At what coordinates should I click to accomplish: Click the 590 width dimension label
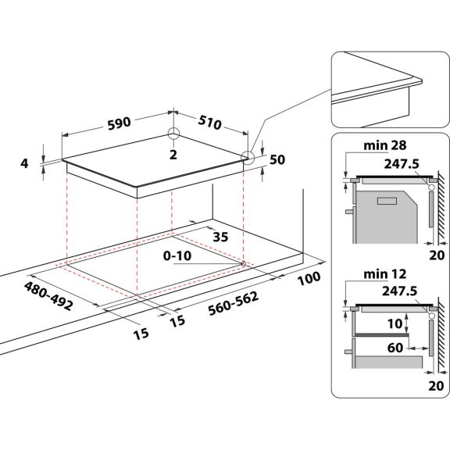click(x=120, y=122)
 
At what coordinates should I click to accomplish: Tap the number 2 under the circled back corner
click(x=174, y=155)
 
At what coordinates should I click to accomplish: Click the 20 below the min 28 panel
click(x=435, y=254)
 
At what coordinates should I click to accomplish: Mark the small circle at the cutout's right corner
click(x=245, y=262)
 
